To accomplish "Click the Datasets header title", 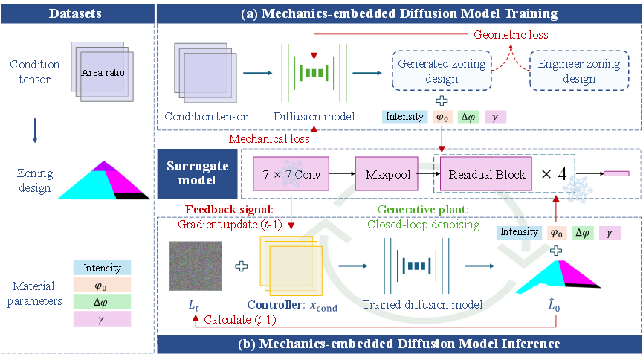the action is click(x=75, y=13).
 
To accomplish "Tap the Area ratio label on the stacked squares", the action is click(x=103, y=72).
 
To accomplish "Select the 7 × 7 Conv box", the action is click(x=291, y=173).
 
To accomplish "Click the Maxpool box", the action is click(x=387, y=173).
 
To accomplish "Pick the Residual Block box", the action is click(x=486, y=173).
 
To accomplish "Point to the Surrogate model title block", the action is click(x=197, y=173).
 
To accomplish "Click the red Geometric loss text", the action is click(x=511, y=34).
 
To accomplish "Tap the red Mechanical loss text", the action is click(x=269, y=139).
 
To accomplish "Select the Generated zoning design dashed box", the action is click(x=442, y=71).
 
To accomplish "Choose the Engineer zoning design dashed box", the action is click(x=579, y=71).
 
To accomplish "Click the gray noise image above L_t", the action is click(x=196, y=266).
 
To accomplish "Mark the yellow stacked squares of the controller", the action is click(x=291, y=266).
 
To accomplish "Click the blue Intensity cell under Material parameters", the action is click(x=102, y=268).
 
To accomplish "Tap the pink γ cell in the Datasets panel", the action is click(x=102, y=319).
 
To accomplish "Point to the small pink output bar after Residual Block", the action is click(x=616, y=173).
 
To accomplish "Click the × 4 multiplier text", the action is click(x=554, y=174).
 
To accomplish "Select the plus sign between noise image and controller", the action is click(x=241, y=266).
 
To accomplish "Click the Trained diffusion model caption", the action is click(x=422, y=304).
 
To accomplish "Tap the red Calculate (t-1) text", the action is click(x=240, y=319).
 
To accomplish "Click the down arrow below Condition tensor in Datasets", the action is click(x=35, y=130).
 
